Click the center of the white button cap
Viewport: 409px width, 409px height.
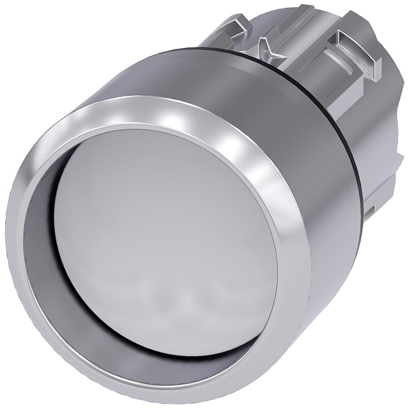click(x=167, y=240)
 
